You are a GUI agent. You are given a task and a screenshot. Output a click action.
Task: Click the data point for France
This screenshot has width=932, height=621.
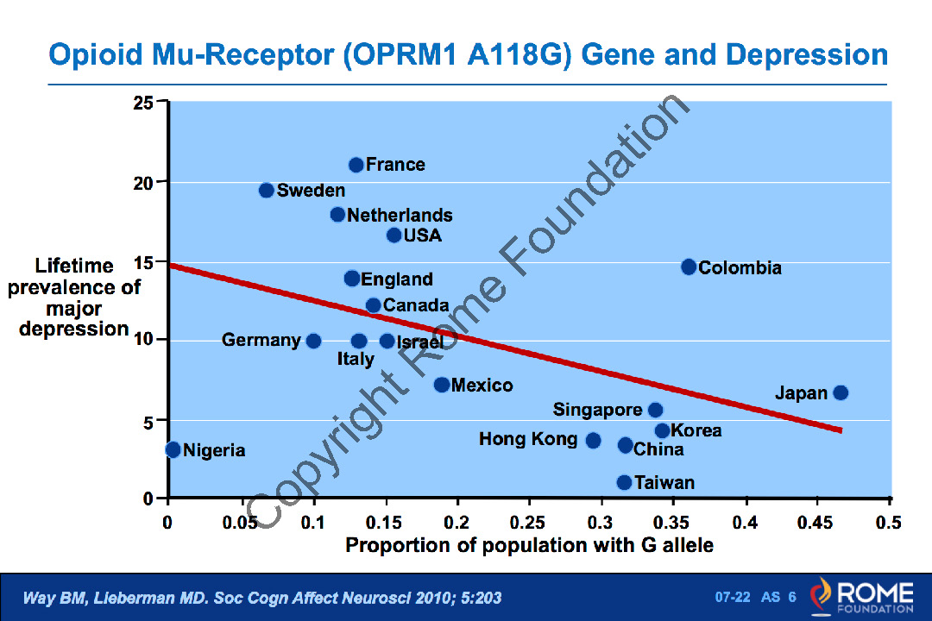point(356,165)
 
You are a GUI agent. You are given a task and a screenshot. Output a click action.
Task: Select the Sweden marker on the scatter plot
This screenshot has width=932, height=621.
point(267,191)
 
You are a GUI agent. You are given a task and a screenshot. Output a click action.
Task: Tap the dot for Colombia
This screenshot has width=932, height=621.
point(689,267)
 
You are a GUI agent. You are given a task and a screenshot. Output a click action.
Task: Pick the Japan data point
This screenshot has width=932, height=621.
point(841,393)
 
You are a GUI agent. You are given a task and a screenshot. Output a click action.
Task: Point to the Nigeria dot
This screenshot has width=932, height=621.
point(173,449)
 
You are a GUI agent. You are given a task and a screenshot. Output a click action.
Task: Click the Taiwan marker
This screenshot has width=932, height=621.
point(624,482)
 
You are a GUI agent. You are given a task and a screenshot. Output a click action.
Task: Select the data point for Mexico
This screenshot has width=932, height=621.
point(442,385)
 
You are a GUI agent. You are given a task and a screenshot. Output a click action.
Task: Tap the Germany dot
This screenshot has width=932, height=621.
point(313,341)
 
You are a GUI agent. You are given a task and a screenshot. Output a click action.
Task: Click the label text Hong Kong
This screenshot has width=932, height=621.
point(528,439)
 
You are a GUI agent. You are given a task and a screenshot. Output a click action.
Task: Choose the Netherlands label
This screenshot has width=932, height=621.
point(400,215)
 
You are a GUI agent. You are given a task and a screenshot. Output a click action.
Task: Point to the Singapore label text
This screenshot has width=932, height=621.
point(597,410)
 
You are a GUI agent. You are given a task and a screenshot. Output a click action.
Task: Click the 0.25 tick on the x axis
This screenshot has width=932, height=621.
point(528,523)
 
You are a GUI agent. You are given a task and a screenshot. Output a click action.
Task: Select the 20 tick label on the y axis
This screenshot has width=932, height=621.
point(143,183)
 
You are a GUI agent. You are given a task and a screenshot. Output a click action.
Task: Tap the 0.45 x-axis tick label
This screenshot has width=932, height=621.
point(816,523)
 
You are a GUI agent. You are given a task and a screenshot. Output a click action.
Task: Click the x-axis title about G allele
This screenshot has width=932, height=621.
point(529,546)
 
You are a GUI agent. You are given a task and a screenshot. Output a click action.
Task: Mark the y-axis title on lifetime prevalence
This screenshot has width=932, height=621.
point(74,297)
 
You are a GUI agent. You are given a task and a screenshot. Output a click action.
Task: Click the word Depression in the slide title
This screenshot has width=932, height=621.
point(806,55)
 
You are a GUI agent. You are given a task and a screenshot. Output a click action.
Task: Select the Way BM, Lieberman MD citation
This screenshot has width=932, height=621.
point(261,598)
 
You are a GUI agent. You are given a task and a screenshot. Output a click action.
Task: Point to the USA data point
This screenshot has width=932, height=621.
point(394,235)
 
